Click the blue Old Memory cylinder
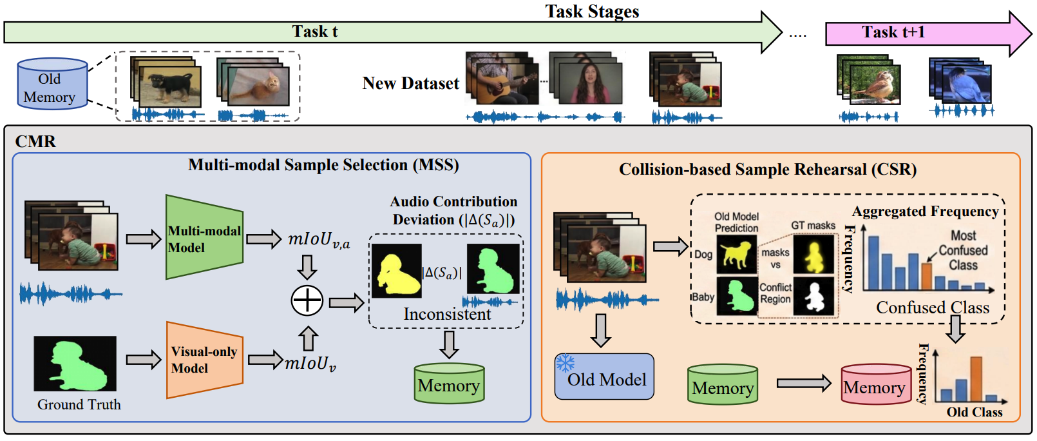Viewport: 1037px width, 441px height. pyautogui.click(x=52, y=84)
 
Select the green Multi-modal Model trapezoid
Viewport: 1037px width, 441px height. pyautogui.click(x=204, y=237)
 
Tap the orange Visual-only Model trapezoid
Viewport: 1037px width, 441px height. pyautogui.click(x=204, y=360)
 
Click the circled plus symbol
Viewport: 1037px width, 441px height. pyautogui.click(x=307, y=300)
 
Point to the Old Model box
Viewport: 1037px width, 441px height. pyautogui.click(x=604, y=377)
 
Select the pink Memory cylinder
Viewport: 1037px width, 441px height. pyautogui.click(x=875, y=385)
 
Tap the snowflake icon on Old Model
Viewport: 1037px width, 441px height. pyautogui.click(x=566, y=363)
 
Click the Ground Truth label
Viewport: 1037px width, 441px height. pyautogui.click(x=79, y=405)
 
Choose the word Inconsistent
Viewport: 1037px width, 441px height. pyautogui.click(x=447, y=315)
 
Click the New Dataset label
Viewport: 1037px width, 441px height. pyautogui.click(x=410, y=84)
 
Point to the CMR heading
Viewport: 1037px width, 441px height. pyautogui.click(x=35, y=141)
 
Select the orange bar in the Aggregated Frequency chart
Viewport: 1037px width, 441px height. pyautogui.click(x=926, y=275)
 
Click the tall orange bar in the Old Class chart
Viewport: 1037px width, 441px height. pyautogui.click(x=976, y=379)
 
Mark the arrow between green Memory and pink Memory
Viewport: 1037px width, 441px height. pyautogui.click(x=803, y=383)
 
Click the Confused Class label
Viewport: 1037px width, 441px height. pyautogui.click(x=932, y=308)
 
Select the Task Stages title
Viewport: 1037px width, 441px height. pyautogui.click(x=592, y=11)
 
